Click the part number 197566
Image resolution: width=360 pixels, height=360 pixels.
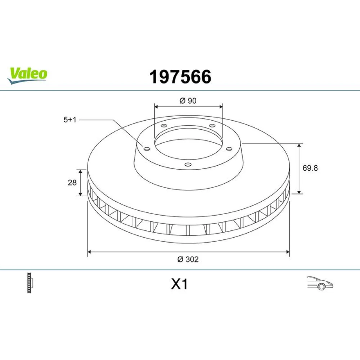tap(180, 77)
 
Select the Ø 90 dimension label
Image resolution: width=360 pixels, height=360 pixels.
tap(188, 100)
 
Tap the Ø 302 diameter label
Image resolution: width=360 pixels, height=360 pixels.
tap(188, 259)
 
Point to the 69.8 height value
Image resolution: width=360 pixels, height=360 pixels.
tap(310, 168)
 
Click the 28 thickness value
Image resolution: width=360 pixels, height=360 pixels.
tap(72, 183)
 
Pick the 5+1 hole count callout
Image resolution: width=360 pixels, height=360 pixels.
tap(70, 120)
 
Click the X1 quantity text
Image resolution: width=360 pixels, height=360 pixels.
tap(179, 284)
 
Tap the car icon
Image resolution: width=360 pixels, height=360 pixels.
tap(320, 283)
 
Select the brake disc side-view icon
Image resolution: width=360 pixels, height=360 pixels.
tap(30, 283)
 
